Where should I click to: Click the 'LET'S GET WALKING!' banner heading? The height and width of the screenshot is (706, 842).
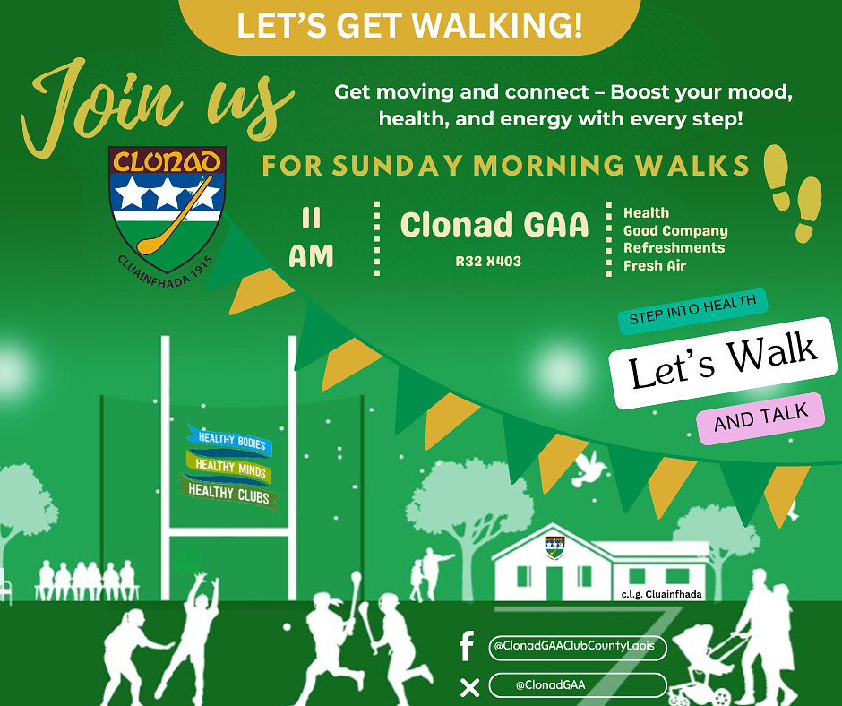409,26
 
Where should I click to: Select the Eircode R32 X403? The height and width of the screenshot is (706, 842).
488,261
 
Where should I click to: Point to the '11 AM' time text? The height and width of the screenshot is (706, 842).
311,238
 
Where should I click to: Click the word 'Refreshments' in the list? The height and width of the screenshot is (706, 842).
674,247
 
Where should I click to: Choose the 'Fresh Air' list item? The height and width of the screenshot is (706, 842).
655,265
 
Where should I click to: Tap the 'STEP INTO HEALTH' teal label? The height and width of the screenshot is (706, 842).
692,311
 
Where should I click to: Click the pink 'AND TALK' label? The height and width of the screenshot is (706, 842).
760,418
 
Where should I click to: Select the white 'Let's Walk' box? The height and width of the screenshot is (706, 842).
724,363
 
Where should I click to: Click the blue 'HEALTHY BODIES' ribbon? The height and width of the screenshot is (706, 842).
231,441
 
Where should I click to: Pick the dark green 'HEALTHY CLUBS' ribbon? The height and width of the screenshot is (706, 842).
229,493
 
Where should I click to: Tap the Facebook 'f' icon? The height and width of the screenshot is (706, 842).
467,646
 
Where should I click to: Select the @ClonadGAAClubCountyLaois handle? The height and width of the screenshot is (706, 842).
574,646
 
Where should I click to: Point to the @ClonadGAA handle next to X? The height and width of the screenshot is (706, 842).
550,685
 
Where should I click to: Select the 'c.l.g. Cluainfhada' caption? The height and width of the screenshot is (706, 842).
662,594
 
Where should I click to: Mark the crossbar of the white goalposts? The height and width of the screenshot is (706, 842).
228,532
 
